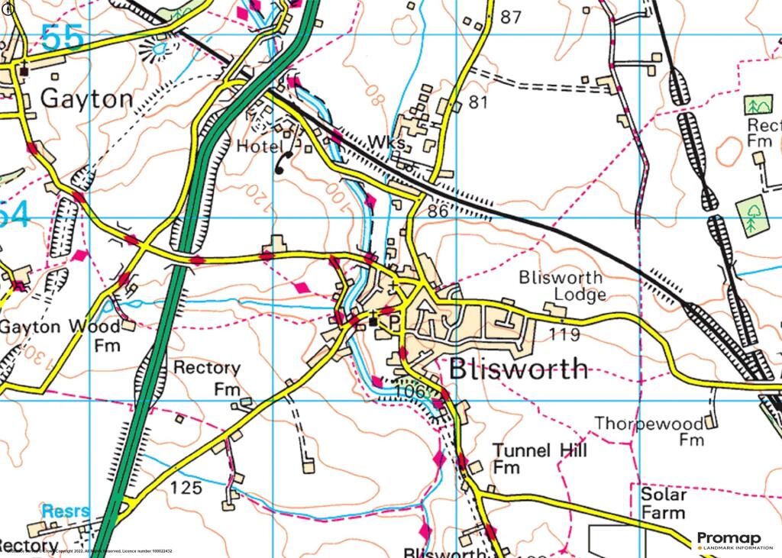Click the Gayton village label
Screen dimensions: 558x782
tap(86, 98)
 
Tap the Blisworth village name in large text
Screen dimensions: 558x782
tap(519, 369)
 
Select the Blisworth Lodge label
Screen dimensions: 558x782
tap(561, 285)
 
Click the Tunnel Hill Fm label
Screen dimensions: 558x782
tap(539, 458)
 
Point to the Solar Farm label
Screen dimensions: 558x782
tap(663, 504)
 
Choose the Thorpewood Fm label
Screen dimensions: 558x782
tap(649, 431)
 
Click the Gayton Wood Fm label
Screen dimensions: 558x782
tap(60, 335)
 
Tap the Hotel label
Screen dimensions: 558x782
tap(260, 146)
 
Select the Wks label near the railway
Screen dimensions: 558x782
tap(384, 143)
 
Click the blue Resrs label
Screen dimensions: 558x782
tap(66, 511)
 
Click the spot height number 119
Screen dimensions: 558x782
tap(565, 334)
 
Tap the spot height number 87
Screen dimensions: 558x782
tap(511, 17)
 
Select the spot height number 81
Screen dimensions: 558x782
tap(478, 101)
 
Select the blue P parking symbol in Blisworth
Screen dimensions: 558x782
tap(394, 322)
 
